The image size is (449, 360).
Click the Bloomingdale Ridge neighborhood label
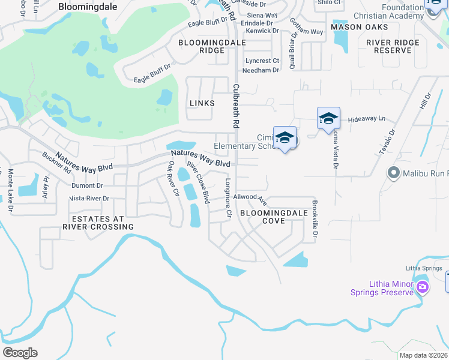pos(201,47)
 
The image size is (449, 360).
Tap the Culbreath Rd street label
pos(236,106)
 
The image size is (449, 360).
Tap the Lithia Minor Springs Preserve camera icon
pos(423,287)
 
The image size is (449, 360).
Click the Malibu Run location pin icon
pos(394,173)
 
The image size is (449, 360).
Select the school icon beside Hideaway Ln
pos(328,118)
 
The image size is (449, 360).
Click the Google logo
pos(20,353)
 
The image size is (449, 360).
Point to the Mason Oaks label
pos(355,27)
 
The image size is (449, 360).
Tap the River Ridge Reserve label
pos(402,47)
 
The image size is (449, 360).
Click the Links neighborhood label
pos(202,103)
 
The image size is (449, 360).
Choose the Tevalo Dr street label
pos(387,142)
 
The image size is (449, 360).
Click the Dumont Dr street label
pos(87,186)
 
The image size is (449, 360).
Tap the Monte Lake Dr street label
pos(10,191)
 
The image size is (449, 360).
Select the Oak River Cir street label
pos(173,179)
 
